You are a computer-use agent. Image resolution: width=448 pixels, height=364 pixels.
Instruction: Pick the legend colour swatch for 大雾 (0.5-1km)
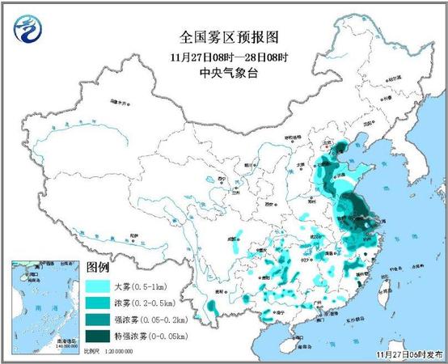click(x=100, y=286)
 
